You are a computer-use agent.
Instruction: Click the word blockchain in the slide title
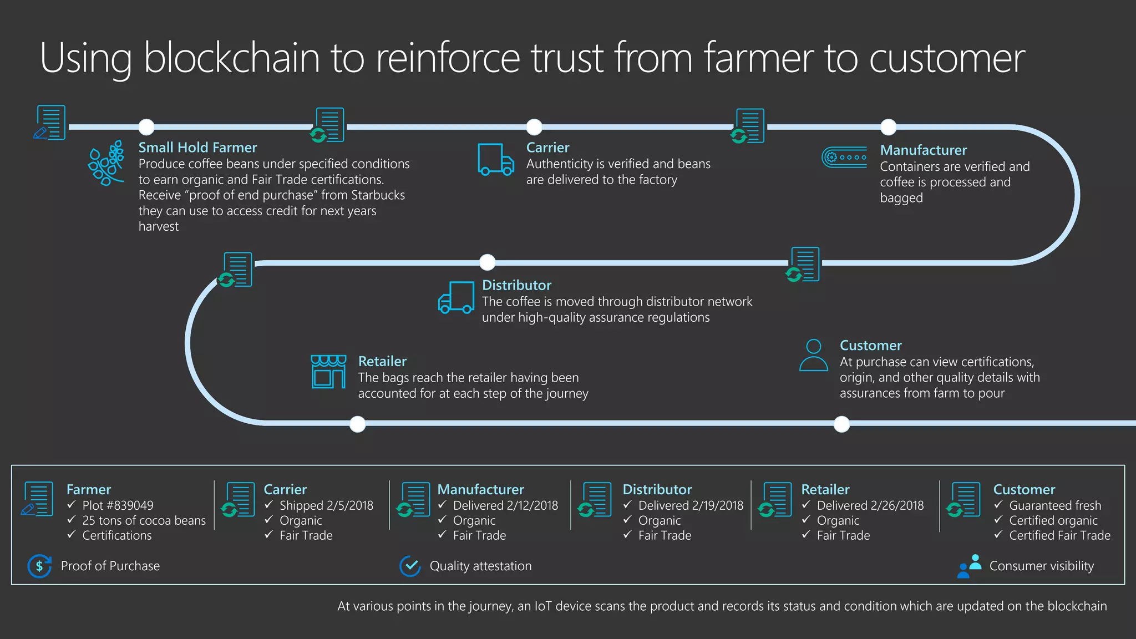pos(231,58)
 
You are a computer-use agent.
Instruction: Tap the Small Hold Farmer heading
pos(197,148)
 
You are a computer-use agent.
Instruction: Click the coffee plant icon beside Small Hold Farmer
pos(106,163)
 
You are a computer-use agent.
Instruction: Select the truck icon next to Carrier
pos(495,160)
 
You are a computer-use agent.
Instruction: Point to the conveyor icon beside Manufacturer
pos(844,157)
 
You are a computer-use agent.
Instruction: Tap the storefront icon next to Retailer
pos(328,372)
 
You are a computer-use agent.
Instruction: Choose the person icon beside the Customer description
pos(813,356)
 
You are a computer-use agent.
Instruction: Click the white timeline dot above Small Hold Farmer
pos(146,127)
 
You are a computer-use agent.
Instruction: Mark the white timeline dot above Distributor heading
pos(487,262)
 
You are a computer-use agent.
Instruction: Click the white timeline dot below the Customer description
pos(841,424)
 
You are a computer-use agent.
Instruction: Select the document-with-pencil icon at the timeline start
pos(49,123)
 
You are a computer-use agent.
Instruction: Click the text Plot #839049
pos(118,505)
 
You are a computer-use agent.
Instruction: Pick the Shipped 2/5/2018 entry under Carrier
pos(326,505)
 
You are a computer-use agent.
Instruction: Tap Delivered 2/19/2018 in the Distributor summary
pos(691,505)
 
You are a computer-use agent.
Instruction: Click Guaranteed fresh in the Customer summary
pos(1055,505)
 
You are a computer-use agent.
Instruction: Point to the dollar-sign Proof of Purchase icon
pos(39,566)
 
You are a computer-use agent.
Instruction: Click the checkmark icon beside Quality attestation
pos(410,566)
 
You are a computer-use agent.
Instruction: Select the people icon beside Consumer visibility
pos(970,566)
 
